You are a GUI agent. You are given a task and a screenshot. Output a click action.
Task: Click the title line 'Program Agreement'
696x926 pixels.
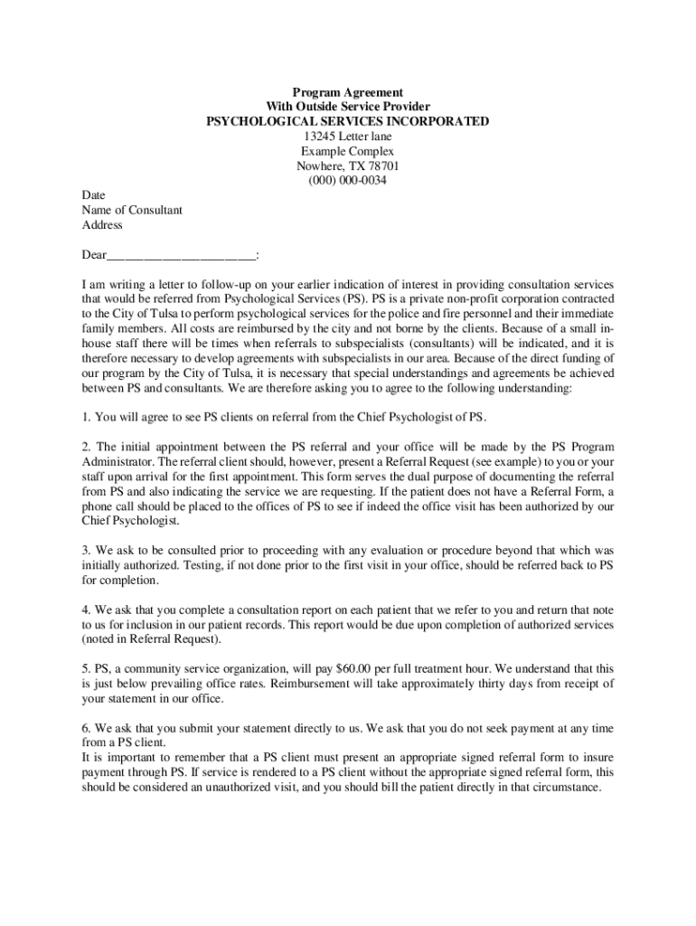pos(347,93)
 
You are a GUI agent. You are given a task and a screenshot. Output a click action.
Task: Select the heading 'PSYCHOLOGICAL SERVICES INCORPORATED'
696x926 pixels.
pos(347,122)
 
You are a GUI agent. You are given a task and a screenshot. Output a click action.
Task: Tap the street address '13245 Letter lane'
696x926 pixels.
pos(347,137)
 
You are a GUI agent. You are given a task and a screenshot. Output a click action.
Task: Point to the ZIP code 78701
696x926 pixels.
pos(381,166)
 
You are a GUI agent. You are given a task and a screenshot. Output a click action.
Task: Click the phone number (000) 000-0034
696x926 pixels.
pos(347,181)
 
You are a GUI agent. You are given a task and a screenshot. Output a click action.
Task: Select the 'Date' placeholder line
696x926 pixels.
pos(93,195)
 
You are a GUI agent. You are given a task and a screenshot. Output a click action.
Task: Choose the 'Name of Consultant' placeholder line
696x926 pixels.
pos(132,210)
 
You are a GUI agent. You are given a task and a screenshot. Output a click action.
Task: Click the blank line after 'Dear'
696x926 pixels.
pos(181,254)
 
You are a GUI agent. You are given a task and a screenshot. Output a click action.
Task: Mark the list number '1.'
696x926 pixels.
pos(87,416)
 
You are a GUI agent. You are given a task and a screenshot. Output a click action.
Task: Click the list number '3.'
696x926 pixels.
pos(87,551)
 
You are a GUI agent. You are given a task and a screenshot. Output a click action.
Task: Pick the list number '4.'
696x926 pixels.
pos(87,610)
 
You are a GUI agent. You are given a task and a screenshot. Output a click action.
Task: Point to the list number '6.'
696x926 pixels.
pos(87,728)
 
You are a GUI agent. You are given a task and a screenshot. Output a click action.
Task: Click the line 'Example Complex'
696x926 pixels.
pos(347,152)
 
